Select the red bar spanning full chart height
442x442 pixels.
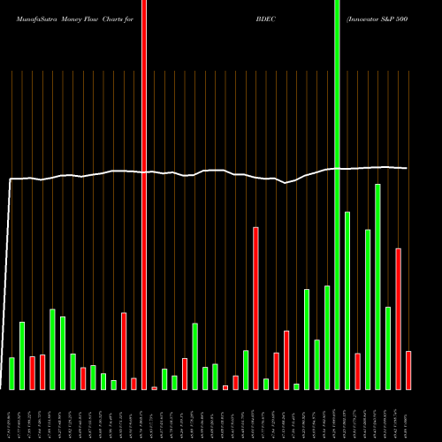click(x=144, y=194)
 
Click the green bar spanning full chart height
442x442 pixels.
click(x=337, y=194)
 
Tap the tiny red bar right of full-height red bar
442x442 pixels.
click(x=155, y=387)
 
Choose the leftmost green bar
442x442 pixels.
click(x=11, y=373)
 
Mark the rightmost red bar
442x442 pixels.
click(x=408, y=370)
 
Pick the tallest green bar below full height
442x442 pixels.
click(x=377, y=286)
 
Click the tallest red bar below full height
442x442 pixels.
click(x=255, y=308)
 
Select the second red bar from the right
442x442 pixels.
click(x=398, y=318)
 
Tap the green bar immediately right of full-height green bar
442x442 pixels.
click(x=347, y=301)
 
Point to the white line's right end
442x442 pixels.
click(x=407, y=168)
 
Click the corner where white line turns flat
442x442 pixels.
click(x=10, y=180)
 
